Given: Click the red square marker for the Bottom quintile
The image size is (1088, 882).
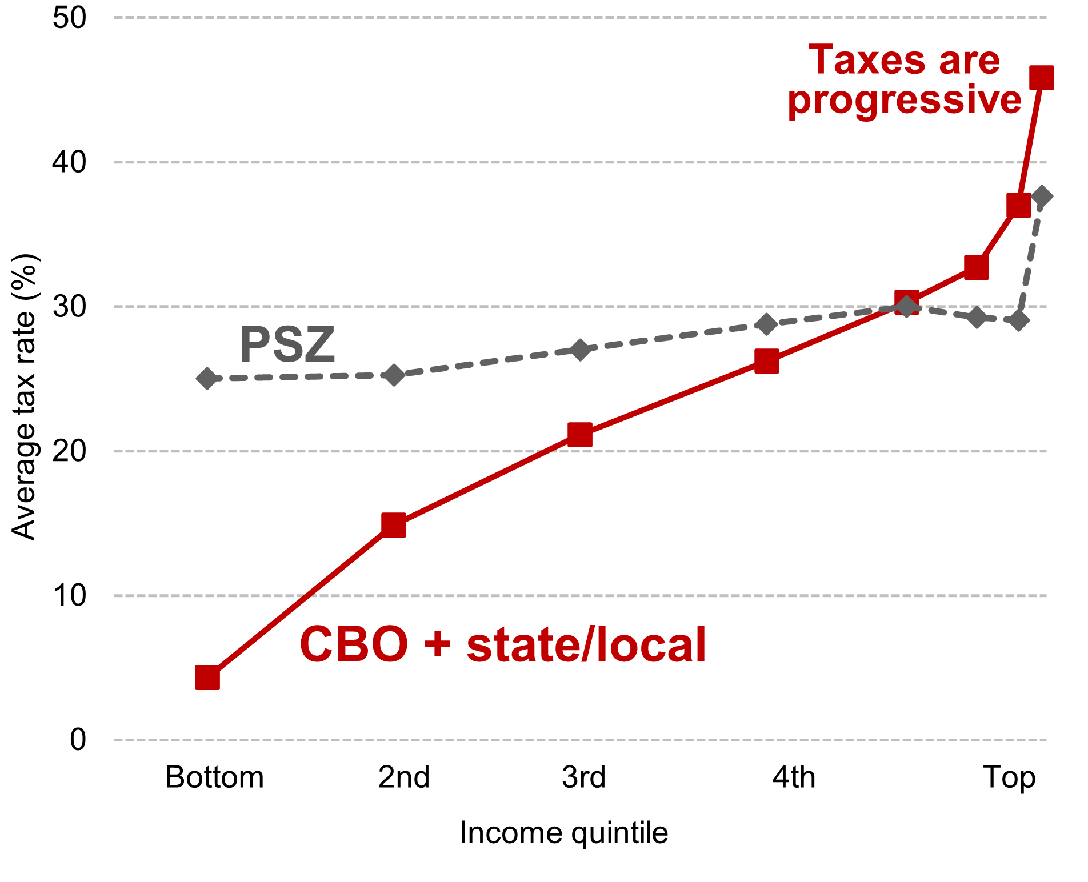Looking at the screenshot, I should pos(207,677).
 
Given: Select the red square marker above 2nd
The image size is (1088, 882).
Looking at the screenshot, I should pos(394,525).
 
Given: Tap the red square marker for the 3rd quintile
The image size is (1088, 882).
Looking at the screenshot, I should pos(580,435).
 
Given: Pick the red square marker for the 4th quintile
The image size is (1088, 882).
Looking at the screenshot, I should pos(766,361).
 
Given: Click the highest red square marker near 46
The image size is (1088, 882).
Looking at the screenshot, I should pos(1041,78).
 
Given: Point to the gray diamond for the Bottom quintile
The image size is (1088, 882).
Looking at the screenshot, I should pos(207,378).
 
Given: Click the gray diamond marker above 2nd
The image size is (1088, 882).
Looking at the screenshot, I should pos(394,375).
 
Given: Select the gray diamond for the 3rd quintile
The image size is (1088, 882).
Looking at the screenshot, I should pos(580,350).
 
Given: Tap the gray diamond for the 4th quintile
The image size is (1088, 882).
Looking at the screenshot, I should pos(766,324).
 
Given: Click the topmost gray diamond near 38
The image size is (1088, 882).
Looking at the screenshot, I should pos(1041,197).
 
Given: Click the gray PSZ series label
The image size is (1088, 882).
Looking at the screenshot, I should pos(287,344).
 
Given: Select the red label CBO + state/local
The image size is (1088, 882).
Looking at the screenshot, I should pos(503,644).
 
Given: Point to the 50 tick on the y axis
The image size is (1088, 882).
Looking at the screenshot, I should pos(69,18).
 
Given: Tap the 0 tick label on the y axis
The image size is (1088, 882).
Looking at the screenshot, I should pos(78,740).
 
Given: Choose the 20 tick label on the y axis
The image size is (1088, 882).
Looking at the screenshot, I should pos(69,451).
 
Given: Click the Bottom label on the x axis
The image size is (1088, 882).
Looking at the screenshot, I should pos(214,777).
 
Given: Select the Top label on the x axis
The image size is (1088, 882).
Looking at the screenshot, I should pos(1009,777).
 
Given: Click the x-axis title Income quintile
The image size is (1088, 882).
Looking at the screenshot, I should pos(563,832).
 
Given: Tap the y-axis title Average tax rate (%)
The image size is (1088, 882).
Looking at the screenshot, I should pos(24,397).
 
